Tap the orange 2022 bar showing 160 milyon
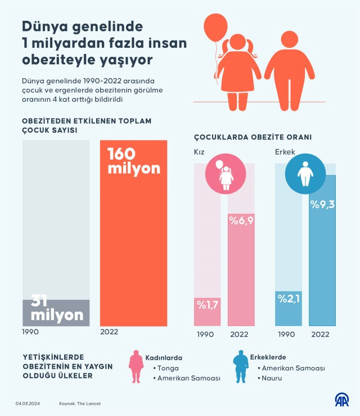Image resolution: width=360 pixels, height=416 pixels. tap(133, 236)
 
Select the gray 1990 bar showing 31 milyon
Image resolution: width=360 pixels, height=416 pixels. tap(56, 313)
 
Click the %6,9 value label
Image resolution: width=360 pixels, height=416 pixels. tap(241, 220)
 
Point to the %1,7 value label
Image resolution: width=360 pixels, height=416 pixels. tap(207, 305)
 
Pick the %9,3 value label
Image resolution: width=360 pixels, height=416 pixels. tap(322, 204)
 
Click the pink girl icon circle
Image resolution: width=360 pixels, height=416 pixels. tap(224, 175)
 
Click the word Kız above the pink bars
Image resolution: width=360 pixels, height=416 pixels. tap(200, 152)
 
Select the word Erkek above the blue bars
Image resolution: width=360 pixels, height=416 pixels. tap(285, 152)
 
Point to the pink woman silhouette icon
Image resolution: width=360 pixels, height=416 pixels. tap(136, 369)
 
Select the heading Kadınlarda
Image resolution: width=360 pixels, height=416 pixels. tap(164, 357)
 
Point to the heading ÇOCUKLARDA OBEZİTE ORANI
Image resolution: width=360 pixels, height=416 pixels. tap(253, 137)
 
